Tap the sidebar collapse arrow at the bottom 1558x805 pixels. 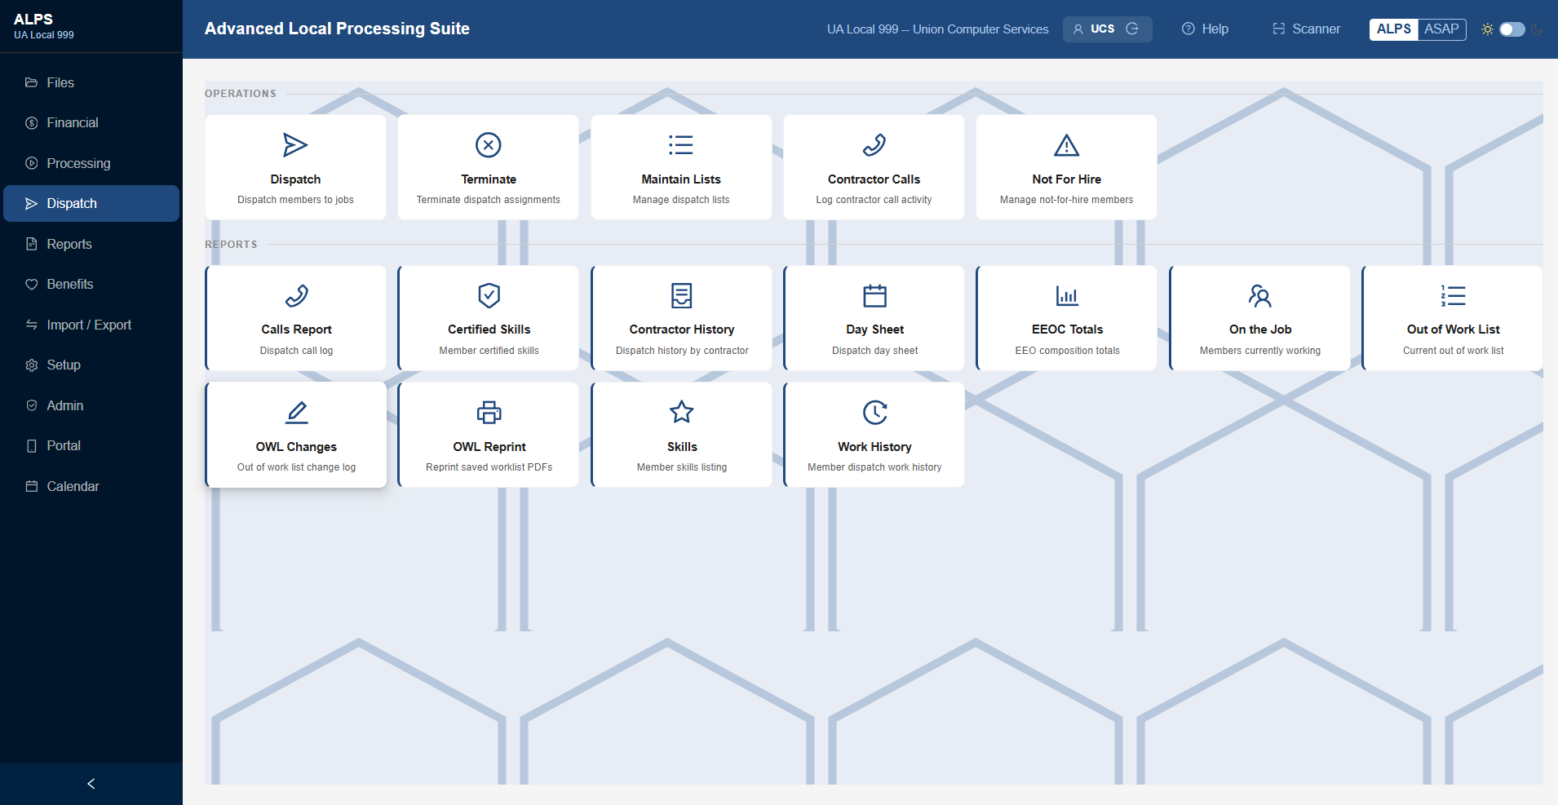point(91,784)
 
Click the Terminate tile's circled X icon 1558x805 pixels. point(489,145)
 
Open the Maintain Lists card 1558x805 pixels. point(681,167)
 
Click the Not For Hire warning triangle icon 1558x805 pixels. point(1066,145)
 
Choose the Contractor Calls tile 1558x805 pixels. point(874,167)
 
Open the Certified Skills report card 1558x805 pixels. point(489,318)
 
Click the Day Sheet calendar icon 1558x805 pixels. point(874,295)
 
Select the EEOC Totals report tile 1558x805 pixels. point(1067,318)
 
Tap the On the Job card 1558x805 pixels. point(1259,318)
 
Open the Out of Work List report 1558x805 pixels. point(1452,318)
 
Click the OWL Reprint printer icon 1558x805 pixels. point(489,413)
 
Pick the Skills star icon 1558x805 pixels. point(682,413)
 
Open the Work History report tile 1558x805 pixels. point(874,435)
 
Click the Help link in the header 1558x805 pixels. point(1206,29)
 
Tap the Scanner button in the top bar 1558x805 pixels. point(1306,29)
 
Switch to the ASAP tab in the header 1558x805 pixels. point(1441,29)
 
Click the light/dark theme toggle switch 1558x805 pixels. point(1512,29)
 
